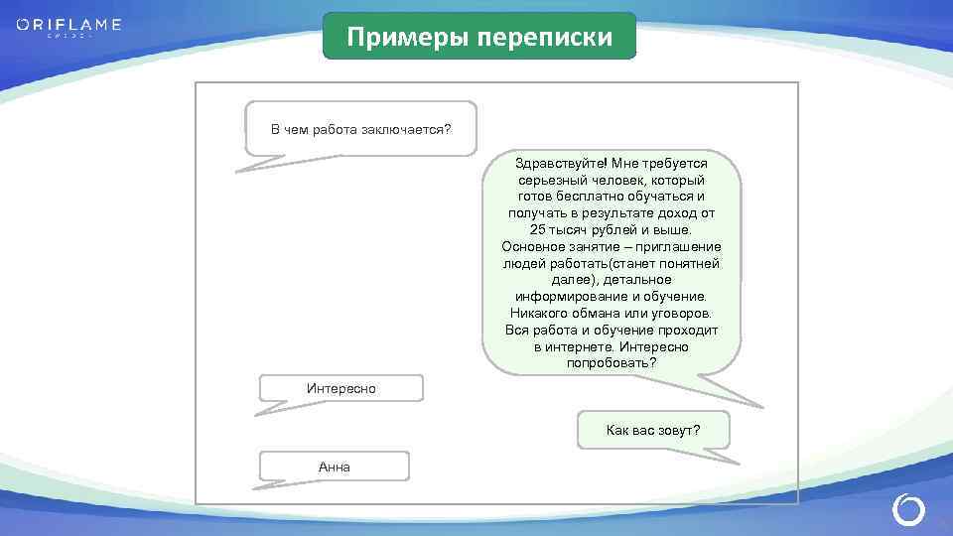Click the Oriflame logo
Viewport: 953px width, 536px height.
pos(68,26)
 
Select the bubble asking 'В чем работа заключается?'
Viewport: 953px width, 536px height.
pos(360,129)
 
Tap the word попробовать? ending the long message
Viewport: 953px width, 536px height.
pos(612,364)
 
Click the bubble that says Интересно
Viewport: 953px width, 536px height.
pos(340,388)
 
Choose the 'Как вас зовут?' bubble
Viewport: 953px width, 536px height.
pos(653,430)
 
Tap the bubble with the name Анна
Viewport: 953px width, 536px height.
pos(334,467)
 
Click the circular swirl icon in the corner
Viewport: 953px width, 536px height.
pos(908,509)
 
